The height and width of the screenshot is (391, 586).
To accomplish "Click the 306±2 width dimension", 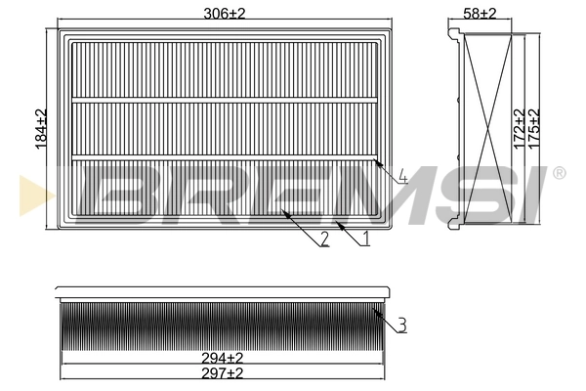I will tap(224, 14).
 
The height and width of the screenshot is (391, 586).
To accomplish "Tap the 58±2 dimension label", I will tap(480, 14).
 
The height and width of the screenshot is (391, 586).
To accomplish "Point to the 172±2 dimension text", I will tap(519, 128).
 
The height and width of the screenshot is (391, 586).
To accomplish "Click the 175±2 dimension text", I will tap(533, 128).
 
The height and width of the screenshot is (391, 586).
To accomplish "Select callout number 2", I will tap(323, 239).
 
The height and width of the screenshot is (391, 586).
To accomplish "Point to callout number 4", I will tap(401, 178).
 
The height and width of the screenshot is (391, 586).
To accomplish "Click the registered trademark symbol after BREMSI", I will tap(559, 173).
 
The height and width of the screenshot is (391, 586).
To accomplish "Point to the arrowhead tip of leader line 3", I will tap(373, 309).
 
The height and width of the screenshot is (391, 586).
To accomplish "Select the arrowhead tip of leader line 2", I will tap(281, 210).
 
